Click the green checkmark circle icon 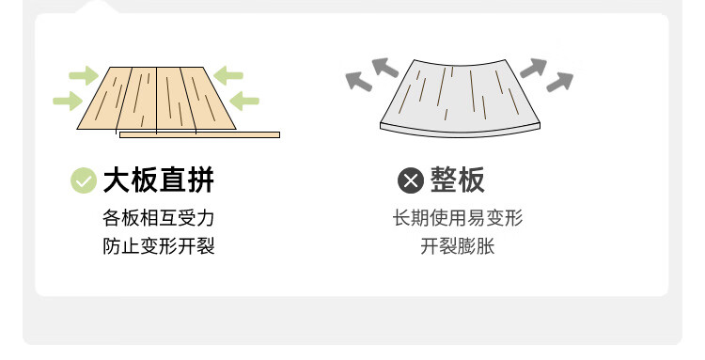click(84, 180)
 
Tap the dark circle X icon click(411, 180)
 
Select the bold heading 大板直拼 click(159, 180)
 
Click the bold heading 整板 click(458, 180)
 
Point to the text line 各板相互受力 click(159, 218)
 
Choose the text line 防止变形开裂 click(159, 246)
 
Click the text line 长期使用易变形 click(458, 218)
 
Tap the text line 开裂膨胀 click(458, 246)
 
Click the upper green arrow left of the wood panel click(84, 75)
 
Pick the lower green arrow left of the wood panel click(68, 101)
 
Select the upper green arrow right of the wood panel click(228, 75)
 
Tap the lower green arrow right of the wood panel click(244, 101)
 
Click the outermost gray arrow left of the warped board click(358, 82)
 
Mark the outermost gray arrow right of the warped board click(560, 82)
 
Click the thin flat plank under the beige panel click(199, 134)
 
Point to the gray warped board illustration click(460, 98)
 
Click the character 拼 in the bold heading click(200, 180)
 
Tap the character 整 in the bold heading click(444, 180)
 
